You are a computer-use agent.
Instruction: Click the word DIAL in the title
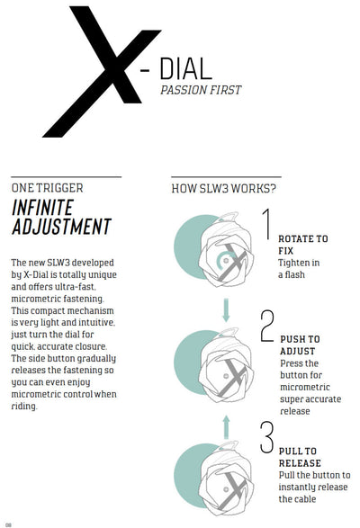pyautogui.click(x=185, y=68)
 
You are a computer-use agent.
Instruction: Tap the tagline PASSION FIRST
pyautogui.click(x=201, y=90)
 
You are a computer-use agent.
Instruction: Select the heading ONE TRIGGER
pyautogui.click(x=47, y=188)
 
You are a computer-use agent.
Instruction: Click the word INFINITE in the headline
pyautogui.click(x=42, y=208)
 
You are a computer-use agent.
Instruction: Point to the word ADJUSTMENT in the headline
pyautogui.click(x=61, y=227)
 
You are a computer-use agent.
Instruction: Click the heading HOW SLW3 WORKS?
pyautogui.click(x=224, y=189)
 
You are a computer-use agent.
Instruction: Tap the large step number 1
pyautogui.click(x=267, y=224)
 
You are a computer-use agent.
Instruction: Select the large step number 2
pyautogui.click(x=267, y=326)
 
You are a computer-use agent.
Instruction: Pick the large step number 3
pyautogui.click(x=267, y=437)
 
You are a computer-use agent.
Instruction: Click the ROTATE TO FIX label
pyautogui.click(x=302, y=245)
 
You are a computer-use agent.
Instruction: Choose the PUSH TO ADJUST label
pyautogui.click(x=300, y=345)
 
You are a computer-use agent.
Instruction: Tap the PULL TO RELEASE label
pyautogui.click(x=300, y=457)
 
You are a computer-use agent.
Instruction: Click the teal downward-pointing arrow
pyautogui.click(x=226, y=309)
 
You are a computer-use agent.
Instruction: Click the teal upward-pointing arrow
pyautogui.click(x=226, y=427)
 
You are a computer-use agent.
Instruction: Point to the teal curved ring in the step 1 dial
pyautogui.click(x=219, y=260)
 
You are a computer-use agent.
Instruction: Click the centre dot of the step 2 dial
pyautogui.click(x=226, y=376)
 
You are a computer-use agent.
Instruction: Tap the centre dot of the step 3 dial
pyautogui.click(x=226, y=489)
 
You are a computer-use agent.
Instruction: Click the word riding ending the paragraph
pyautogui.click(x=23, y=406)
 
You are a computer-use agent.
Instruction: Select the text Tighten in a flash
pyautogui.click(x=299, y=269)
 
